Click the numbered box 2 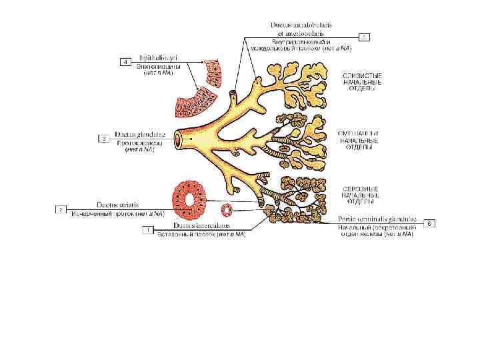coord(103,139)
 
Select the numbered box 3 coord(60,209)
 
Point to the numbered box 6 coord(430,223)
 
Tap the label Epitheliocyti coord(155,57)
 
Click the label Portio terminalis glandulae coord(377,218)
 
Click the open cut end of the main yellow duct coord(181,139)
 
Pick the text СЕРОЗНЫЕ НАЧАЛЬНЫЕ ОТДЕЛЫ coord(361,195)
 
